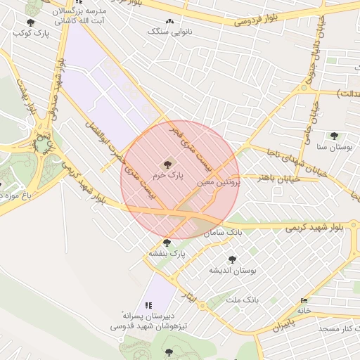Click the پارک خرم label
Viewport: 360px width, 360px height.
(x=167, y=176)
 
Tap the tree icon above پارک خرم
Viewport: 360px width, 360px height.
(x=167, y=164)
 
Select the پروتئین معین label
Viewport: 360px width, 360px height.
(x=219, y=181)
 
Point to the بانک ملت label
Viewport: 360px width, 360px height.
(x=243, y=300)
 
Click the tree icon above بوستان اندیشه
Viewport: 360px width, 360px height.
(x=233, y=259)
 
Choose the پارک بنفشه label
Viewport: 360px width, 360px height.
(x=167, y=253)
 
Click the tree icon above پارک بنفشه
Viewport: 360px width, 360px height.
(x=167, y=243)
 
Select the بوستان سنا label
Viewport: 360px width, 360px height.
(x=333, y=147)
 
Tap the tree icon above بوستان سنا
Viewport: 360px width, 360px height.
(x=334, y=136)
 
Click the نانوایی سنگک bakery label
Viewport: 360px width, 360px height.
(x=168, y=32)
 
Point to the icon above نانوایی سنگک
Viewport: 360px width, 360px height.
(x=169, y=22)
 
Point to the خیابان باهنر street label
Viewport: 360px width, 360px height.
(x=261, y=179)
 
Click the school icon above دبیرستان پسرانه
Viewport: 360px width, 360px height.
(x=148, y=305)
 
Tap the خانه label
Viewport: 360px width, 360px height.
(x=304, y=310)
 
